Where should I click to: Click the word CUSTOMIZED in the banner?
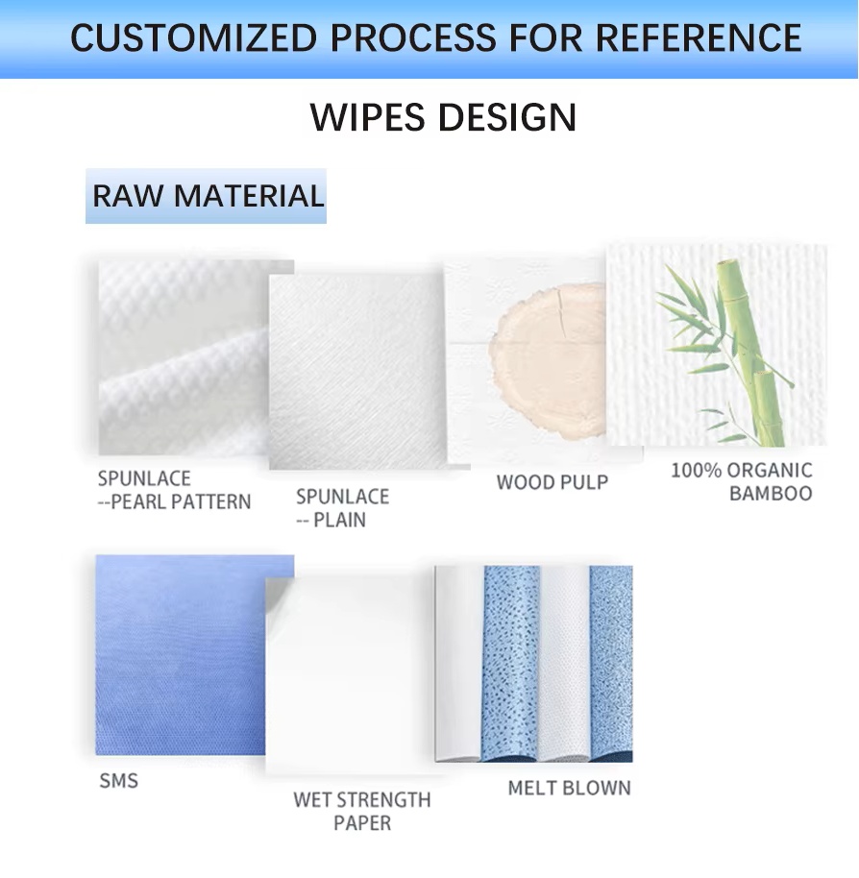pos(193,38)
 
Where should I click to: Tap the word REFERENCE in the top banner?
pos(698,38)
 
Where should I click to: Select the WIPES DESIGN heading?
pos(443,117)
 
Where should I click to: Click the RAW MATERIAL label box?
pos(206,196)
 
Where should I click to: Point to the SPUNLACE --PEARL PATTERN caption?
pos(174,491)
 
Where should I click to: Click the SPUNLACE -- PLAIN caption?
pos(342,508)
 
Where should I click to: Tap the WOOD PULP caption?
pos(552,482)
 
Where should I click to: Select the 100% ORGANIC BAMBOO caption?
pos(742,482)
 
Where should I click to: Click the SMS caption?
pos(119,781)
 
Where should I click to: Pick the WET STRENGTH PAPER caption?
pos(362,812)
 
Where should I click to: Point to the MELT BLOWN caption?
pos(570,789)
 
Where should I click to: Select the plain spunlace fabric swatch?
pos(357,371)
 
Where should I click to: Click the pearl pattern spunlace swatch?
pos(184,357)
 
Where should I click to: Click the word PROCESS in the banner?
pos(413,38)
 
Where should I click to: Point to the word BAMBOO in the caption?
pos(772,494)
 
